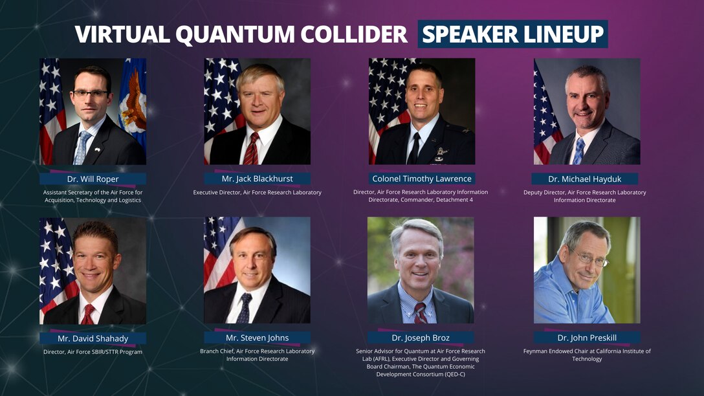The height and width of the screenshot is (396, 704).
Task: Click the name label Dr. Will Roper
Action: pyautogui.click(x=93, y=179)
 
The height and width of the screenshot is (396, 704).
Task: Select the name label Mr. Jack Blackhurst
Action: pyautogui.click(x=258, y=179)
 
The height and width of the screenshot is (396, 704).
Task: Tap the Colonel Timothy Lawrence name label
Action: pyautogui.click(x=422, y=179)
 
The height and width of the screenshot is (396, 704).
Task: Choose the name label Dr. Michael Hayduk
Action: pyautogui.click(x=585, y=179)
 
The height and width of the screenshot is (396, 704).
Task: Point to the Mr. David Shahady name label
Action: pyautogui.click(x=93, y=338)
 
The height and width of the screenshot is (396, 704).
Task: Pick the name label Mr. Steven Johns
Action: pyautogui.click(x=258, y=338)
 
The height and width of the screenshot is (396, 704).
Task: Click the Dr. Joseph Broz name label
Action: pyautogui.click(x=421, y=337)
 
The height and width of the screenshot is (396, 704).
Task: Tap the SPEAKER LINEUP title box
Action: pyautogui.click(x=512, y=34)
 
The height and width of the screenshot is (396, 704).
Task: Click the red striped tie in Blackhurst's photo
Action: pyautogui.click(x=250, y=149)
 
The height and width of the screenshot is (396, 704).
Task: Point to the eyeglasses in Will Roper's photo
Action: pyautogui.click(x=90, y=94)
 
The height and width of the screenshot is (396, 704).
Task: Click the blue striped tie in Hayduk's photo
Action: pyautogui.click(x=579, y=151)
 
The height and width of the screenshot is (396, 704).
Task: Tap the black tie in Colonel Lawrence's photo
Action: pyautogui.click(x=414, y=149)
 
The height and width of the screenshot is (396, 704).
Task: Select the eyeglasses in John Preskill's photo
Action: pyautogui.click(x=589, y=258)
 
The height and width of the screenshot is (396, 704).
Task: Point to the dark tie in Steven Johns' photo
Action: pyautogui.click(x=245, y=309)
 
